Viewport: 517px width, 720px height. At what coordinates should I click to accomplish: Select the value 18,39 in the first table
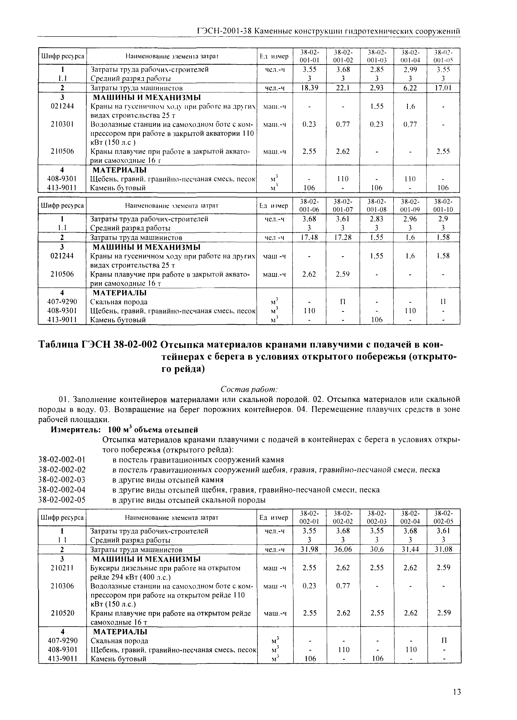[x=309, y=88]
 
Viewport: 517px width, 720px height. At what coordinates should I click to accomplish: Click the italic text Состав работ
[x=249, y=389]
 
